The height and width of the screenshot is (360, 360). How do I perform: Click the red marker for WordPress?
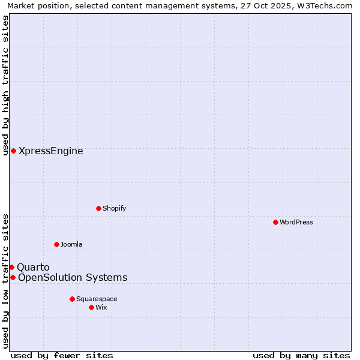275,222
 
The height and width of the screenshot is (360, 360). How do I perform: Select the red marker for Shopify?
98,208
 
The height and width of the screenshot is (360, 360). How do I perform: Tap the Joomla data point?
56,244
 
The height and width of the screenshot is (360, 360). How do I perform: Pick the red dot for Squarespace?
72,299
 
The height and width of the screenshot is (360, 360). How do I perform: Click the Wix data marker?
91,307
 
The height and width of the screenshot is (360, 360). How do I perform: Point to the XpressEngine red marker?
13,151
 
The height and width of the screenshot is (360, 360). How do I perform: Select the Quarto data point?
11,267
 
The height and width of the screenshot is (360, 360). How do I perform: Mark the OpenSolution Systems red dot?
13,277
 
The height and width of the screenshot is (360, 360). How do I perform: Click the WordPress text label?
296,222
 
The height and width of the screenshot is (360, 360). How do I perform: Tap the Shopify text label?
114,208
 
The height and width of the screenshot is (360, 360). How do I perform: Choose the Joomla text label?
71,244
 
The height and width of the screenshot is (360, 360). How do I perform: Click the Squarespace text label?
97,299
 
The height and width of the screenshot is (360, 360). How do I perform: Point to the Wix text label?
101,307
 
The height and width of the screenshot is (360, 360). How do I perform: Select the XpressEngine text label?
51,151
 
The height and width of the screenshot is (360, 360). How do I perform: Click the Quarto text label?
33,267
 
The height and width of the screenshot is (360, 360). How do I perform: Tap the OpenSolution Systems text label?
73,277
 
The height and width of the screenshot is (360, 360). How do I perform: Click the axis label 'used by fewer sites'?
62,355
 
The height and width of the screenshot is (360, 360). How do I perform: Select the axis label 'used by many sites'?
301,355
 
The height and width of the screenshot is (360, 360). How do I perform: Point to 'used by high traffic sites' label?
5,85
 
